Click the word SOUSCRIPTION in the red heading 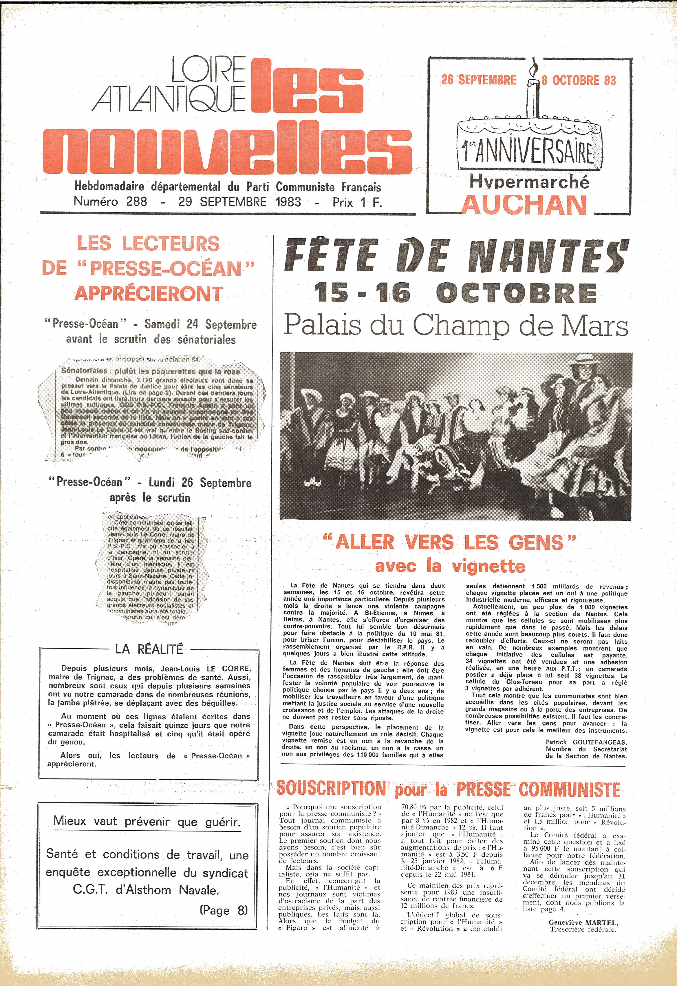pos(331,789)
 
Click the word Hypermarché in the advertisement pos(529,182)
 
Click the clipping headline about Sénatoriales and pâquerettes pos(151,371)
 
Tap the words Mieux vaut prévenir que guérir pos(146,821)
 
